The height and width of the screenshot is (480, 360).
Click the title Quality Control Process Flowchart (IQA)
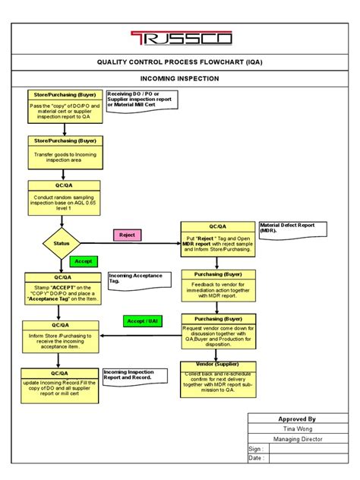point(179,63)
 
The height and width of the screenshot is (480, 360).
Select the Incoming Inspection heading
point(179,78)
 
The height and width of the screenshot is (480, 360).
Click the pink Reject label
point(127,235)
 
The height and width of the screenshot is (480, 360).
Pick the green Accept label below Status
point(84,261)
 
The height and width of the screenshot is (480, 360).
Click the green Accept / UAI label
point(144,321)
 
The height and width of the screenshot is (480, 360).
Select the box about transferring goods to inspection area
point(65,152)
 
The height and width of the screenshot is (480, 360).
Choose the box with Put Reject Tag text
point(217,241)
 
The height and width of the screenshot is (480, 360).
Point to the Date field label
point(257,458)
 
